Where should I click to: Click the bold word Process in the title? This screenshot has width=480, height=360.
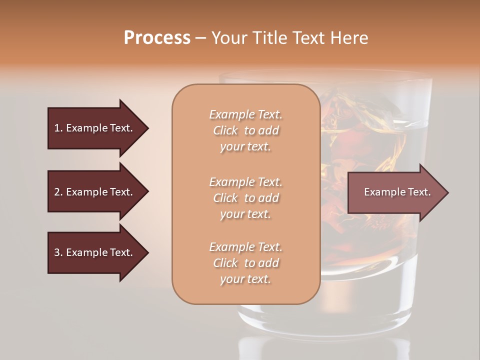click(157, 37)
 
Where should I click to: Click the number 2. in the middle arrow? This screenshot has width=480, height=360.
click(58, 192)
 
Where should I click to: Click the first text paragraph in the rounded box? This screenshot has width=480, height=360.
click(245, 130)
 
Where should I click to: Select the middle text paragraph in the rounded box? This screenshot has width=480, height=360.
click(245, 198)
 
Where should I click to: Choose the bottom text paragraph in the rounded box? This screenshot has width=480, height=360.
click(245, 263)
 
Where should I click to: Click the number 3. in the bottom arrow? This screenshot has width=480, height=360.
click(58, 252)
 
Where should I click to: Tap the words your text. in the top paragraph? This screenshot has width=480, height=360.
click(245, 147)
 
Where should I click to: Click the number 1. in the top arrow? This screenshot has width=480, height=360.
click(58, 128)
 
